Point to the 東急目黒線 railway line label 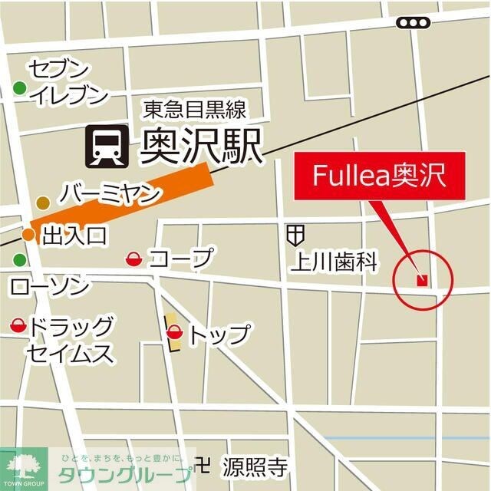pos(194,110)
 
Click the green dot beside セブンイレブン pos(19,90)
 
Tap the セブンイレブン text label pos(68,82)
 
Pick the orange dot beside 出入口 pos(28,235)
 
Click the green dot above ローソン pos(19,260)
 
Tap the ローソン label pos(50,287)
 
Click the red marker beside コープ pos(133,259)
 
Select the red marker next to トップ pos(175,333)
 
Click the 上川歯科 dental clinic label pos(334,263)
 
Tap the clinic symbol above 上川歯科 pos(296,233)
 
